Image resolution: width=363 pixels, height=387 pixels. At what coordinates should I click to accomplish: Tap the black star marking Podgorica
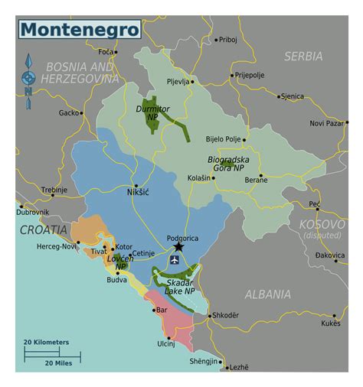pos(178,247)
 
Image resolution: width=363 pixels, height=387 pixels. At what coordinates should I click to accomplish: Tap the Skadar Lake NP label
pos(180,287)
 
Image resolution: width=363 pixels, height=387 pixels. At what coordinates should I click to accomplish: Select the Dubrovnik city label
pos(33,211)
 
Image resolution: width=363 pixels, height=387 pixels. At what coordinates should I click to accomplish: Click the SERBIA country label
pos(303,56)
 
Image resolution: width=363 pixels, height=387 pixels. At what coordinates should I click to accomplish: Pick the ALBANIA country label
pos(267,294)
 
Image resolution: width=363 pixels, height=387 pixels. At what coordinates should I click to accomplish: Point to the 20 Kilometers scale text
pos(46,342)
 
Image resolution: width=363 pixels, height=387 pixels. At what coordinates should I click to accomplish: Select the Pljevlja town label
pos(177,80)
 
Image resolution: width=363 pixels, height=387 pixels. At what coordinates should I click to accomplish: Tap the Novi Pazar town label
pos(327,122)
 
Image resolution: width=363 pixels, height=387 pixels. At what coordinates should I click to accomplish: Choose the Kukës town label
pos(330,324)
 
